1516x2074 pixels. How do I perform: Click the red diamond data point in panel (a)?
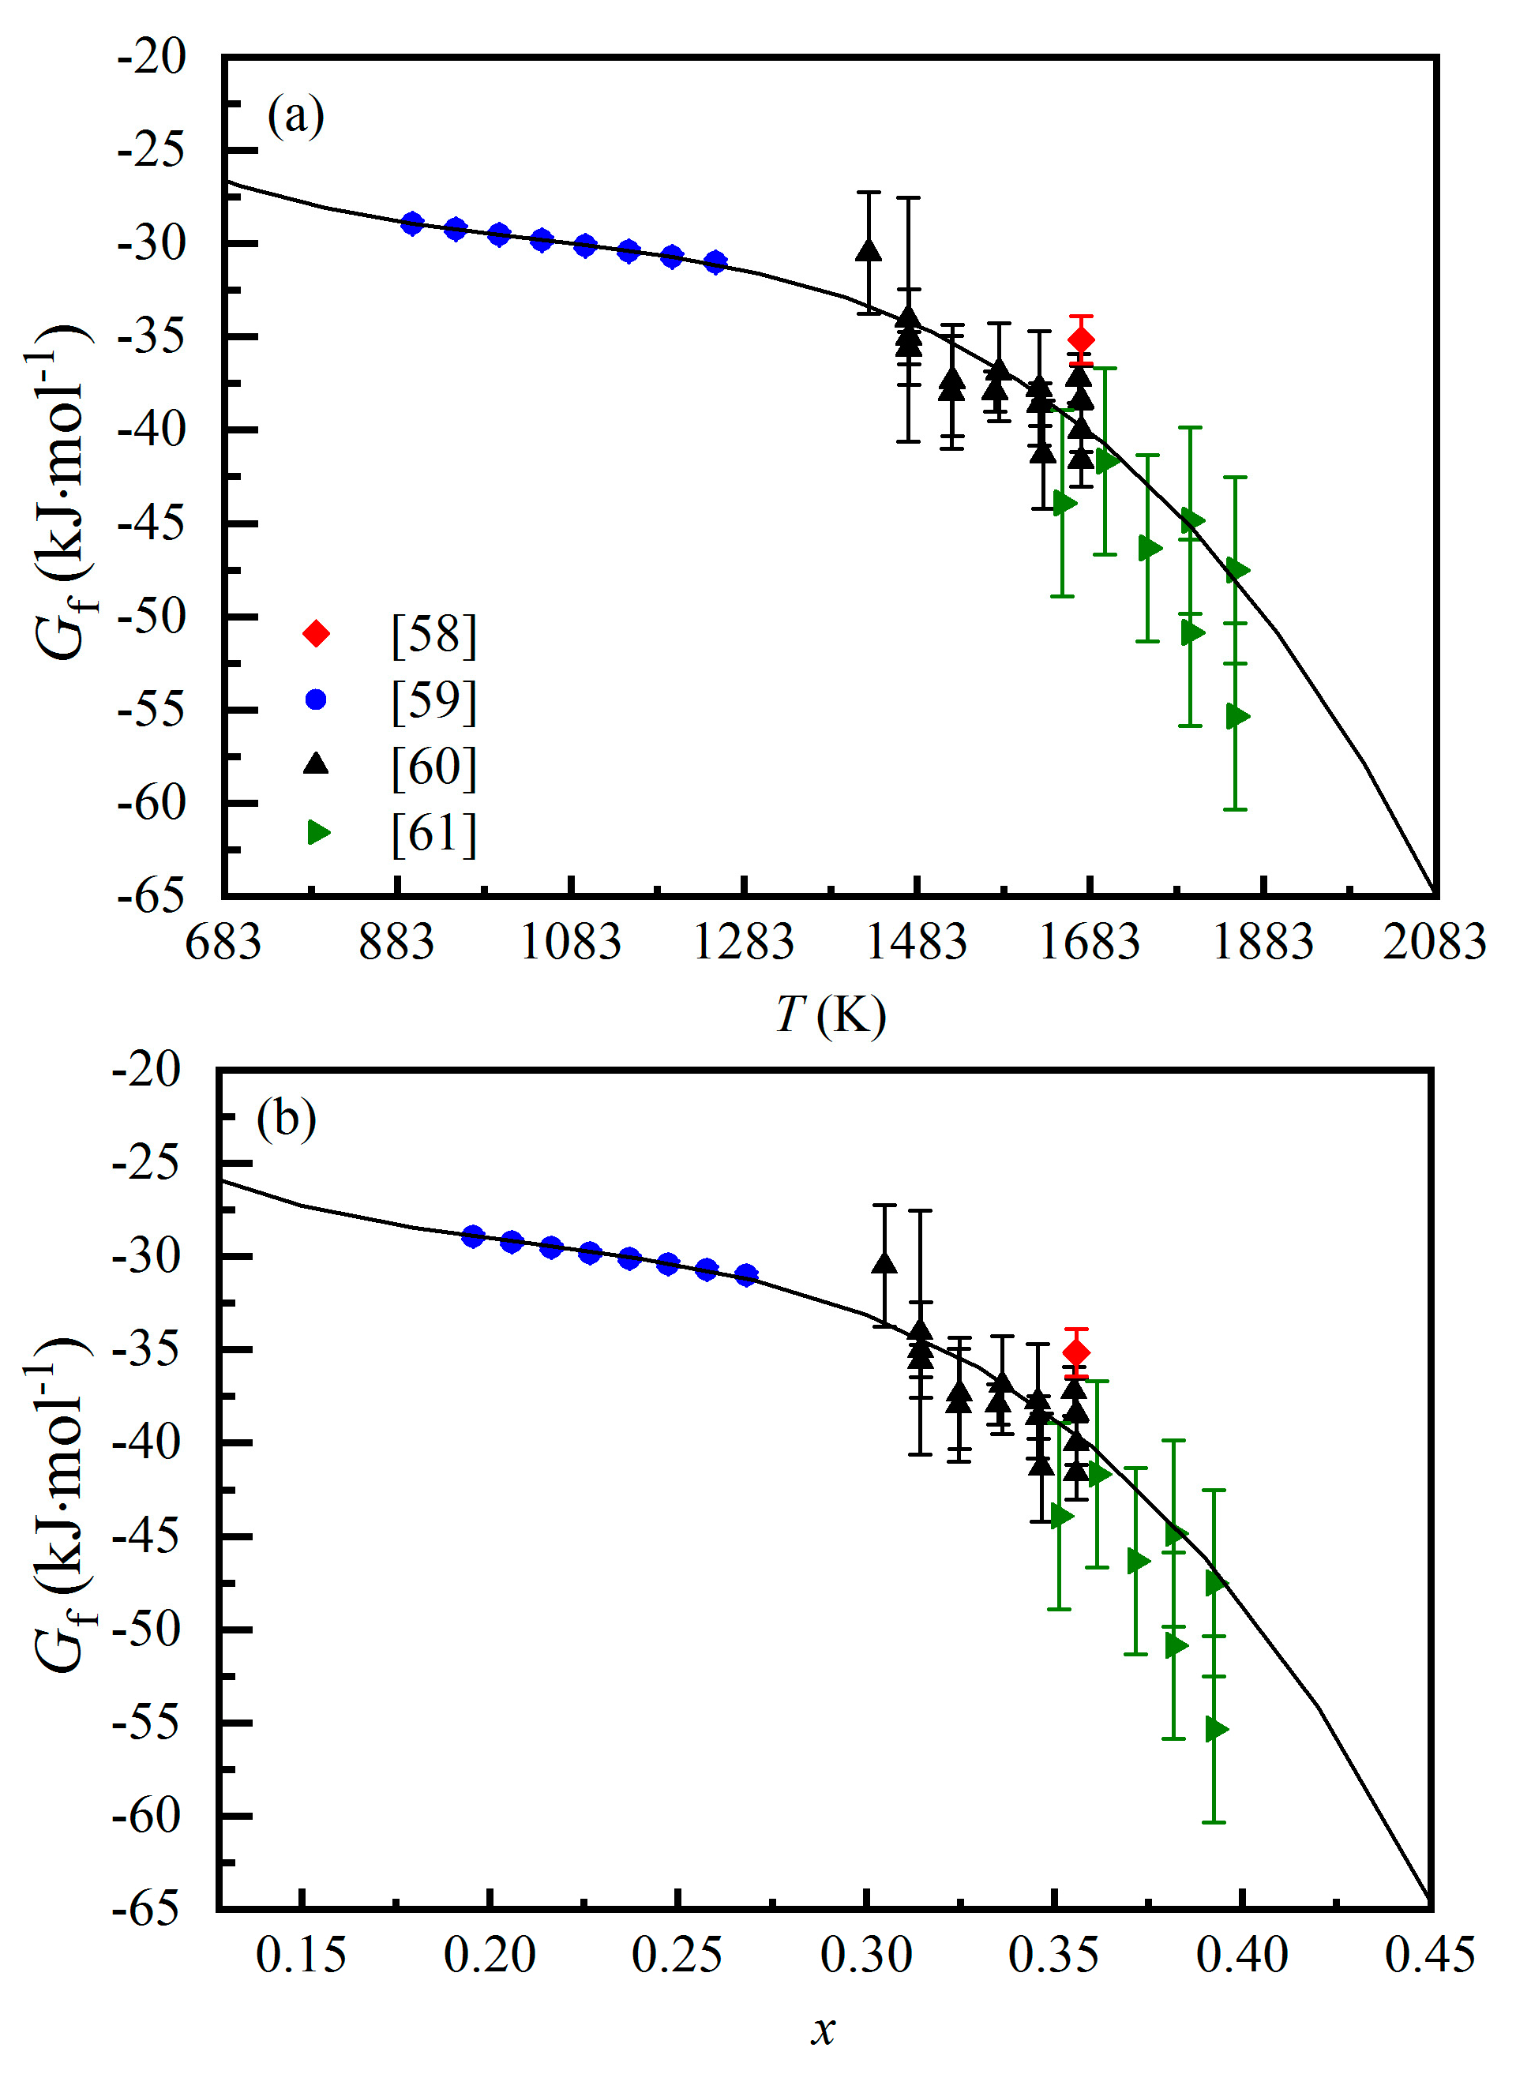click(x=1081, y=339)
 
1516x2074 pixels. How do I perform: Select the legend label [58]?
click(x=433, y=634)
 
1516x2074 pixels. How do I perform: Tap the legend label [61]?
click(x=433, y=833)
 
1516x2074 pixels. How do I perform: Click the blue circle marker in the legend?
click(x=316, y=700)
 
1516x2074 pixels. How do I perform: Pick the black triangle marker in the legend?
click(x=316, y=764)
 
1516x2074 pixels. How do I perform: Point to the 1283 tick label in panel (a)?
click(x=743, y=943)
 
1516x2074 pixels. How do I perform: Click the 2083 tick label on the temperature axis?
click(x=1433, y=943)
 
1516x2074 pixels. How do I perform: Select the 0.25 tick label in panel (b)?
click(x=677, y=1956)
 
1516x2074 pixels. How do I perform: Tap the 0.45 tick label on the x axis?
click(x=1429, y=1956)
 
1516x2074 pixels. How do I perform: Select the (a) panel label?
click(x=295, y=117)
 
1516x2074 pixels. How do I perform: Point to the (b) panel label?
click(x=287, y=1119)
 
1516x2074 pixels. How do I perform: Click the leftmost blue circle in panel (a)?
click(x=412, y=223)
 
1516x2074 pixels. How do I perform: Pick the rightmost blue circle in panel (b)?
click(x=746, y=1276)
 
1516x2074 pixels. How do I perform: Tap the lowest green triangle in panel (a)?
click(x=1237, y=717)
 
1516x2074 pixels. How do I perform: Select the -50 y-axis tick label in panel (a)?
click(x=152, y=616)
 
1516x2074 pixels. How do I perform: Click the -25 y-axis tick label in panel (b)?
click(x=147, y=1164)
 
